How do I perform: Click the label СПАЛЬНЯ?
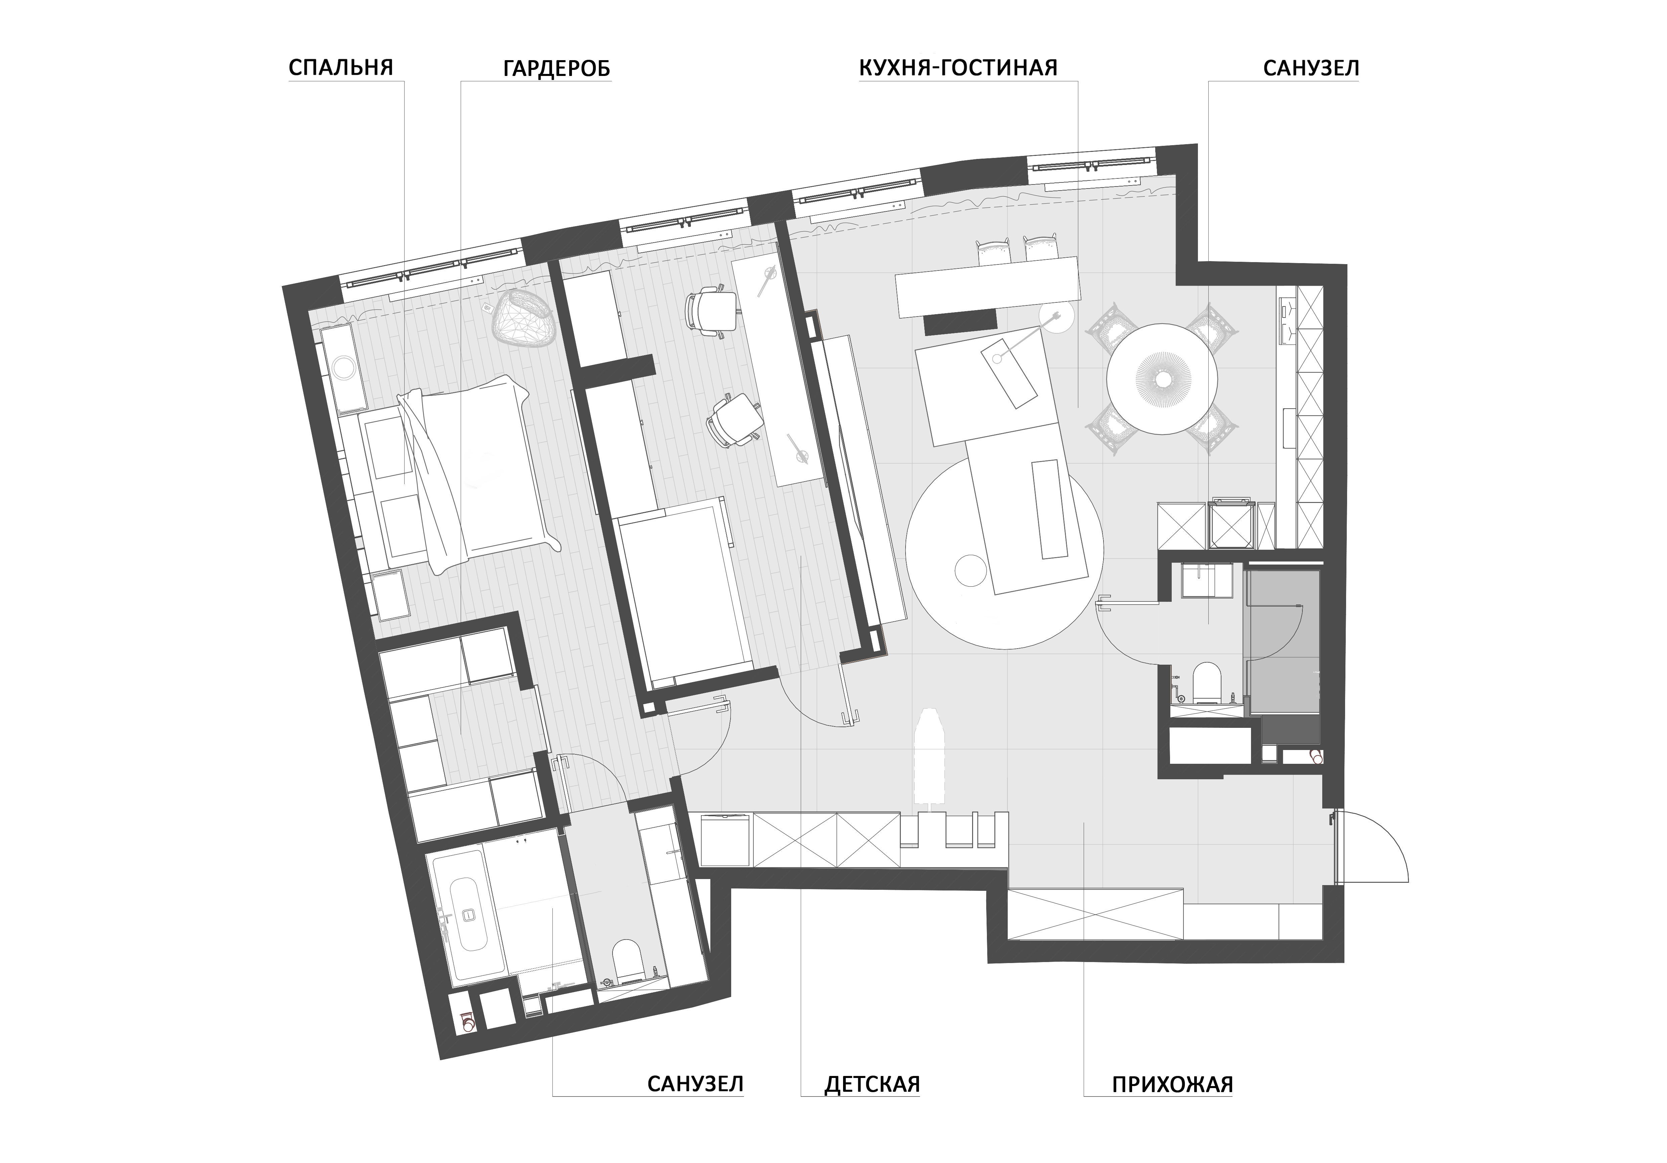[x=340, y=68]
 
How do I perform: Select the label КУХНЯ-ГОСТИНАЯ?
[x=958, y=68]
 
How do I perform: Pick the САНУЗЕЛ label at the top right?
[x=1311, y=68]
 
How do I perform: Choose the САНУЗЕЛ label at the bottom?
[x=696, y=1105]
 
